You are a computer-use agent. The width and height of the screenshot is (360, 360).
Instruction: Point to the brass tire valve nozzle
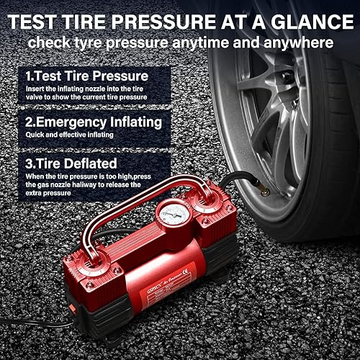pos(264,191)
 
